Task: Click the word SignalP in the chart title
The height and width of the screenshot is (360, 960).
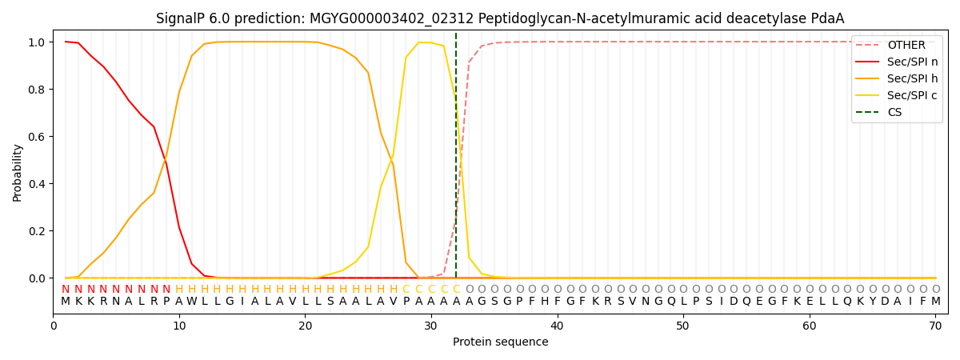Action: (x=182, y=18)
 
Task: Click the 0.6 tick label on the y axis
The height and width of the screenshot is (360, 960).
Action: (x=37, y=137)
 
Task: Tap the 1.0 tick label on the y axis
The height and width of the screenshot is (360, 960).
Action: (x=37, y=42)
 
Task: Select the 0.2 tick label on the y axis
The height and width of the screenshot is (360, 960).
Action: (x=37, y=231)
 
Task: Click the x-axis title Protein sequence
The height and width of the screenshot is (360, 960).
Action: (x=500, y=342)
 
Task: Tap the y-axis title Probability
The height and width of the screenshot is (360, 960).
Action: (x=18, y=172)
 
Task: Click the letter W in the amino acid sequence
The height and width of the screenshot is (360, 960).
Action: (x=191, y=302)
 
